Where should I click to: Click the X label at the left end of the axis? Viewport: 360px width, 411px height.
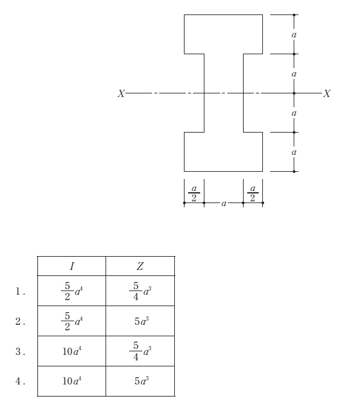pos(121,93)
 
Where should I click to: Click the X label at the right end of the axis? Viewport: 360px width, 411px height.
pos(327,93)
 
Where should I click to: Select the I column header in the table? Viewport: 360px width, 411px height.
pos(72,266)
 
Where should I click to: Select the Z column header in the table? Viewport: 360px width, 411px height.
pos(140,266)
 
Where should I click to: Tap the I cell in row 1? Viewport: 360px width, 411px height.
pos(72,291)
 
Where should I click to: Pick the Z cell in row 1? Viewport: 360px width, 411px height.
pos(141,291)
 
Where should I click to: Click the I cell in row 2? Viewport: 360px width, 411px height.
pos(72,321)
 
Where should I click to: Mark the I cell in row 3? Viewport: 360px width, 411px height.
pos(72,351)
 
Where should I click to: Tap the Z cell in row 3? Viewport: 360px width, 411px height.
pos(141,351)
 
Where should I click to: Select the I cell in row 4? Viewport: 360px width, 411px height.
pos(72,381)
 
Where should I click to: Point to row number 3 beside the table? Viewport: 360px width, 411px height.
pos(20,351)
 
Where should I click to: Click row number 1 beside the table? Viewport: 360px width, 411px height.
pos(20,292)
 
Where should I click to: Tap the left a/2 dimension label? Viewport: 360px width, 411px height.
pos(194,193)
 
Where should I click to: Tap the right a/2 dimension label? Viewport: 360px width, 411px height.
pos(253,193)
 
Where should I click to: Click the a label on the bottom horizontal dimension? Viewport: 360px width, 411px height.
pos(224,204)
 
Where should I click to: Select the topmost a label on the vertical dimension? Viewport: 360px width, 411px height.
pos(294,34)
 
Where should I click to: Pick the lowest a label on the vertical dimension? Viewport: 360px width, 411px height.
pos(294,152)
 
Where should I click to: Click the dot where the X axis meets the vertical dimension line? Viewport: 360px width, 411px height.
pos(294,93)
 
